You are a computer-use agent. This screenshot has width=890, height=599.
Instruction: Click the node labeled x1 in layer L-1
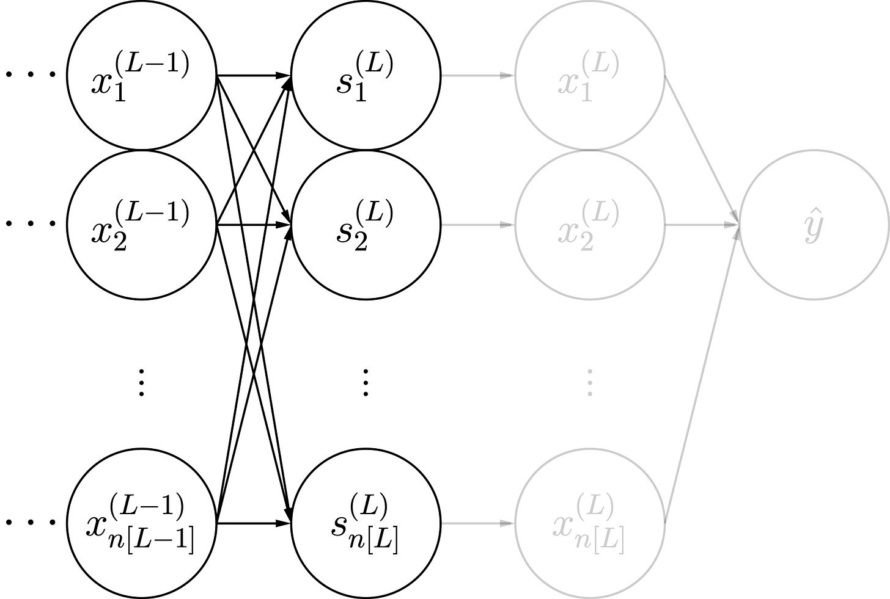coord(142,76)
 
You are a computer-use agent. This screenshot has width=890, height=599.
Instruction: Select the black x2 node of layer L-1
coord(142,225)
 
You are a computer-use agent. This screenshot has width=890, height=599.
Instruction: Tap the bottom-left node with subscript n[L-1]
coord(142,523)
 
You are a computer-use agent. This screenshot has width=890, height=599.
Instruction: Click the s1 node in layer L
coord(366,76)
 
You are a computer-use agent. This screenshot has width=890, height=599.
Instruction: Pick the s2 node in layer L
coord(366,225)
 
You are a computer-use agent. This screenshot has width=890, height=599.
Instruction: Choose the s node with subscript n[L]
coord(366,523)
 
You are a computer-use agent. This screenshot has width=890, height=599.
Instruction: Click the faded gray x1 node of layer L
coord(590,76)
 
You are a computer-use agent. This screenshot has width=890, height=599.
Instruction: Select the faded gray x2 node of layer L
coord(590,225)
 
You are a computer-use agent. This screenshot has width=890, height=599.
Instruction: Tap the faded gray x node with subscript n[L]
coord(590,523)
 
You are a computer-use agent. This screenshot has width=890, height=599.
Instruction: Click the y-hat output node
coord(814,225)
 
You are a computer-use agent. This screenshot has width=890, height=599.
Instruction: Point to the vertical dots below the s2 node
coord(366,383)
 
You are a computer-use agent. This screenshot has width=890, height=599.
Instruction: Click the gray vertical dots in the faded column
coord(590,383)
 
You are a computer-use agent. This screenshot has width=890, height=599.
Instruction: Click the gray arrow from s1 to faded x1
coord(477,76)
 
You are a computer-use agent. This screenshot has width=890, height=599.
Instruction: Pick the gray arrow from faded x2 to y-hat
coord(702,225)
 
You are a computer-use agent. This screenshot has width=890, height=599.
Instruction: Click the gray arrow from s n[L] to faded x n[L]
coord(477,523)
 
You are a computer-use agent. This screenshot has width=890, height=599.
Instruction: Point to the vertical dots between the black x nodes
coord(142,383)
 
